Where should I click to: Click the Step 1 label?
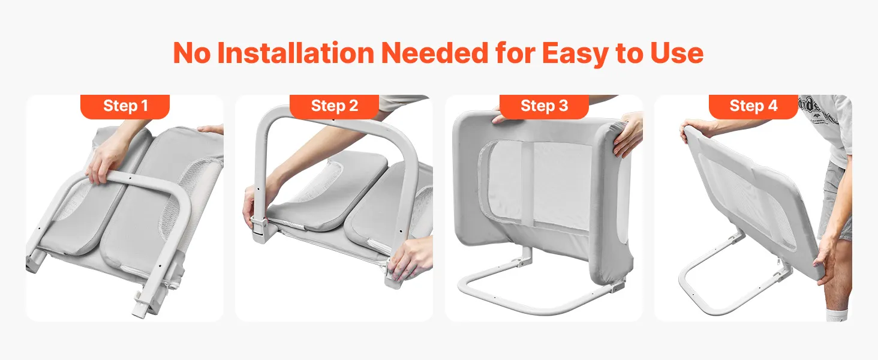coord(125,106)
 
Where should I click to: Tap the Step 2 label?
coord(334,106)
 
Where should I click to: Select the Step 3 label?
coord(544,106)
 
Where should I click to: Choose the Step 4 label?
coord(753,106)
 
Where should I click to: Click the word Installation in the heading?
coord(296,53)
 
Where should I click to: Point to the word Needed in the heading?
coord(435,53)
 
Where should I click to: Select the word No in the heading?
coord(192,53)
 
